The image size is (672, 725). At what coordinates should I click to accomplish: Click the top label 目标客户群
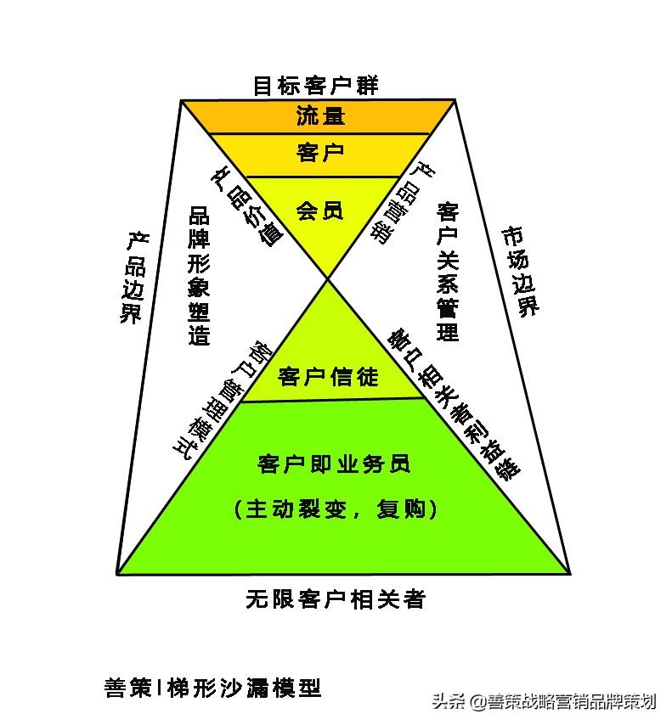tap(316, 86)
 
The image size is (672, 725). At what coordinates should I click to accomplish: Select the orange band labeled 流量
tap(320, 116)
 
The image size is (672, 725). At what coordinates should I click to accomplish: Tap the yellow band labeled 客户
tap(320, 153)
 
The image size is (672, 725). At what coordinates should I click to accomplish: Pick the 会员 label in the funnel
tap(320, 210)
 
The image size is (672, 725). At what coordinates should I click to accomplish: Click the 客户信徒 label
tap(328, 376)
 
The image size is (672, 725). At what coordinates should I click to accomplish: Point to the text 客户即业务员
tap(333, 464)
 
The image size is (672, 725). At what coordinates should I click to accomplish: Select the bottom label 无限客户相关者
tap(335, 599)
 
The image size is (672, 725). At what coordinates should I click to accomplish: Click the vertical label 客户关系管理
tap(449, 271)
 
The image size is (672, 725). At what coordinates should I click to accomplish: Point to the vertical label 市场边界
tap(521, 271)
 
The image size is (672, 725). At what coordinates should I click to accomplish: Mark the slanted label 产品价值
tap(245, 204)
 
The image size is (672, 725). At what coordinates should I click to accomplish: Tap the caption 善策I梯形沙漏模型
tap(212, 687)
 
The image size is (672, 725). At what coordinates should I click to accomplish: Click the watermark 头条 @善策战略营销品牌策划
tap(544, 702)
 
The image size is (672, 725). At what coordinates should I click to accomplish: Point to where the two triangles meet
tap(328, 277)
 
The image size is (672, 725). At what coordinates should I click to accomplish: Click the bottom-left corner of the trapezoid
tap(116, 574)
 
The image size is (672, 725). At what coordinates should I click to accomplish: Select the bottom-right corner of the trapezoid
tap(569, 574)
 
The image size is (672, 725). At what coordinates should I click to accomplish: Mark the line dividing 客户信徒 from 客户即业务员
tap(331, 400)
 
